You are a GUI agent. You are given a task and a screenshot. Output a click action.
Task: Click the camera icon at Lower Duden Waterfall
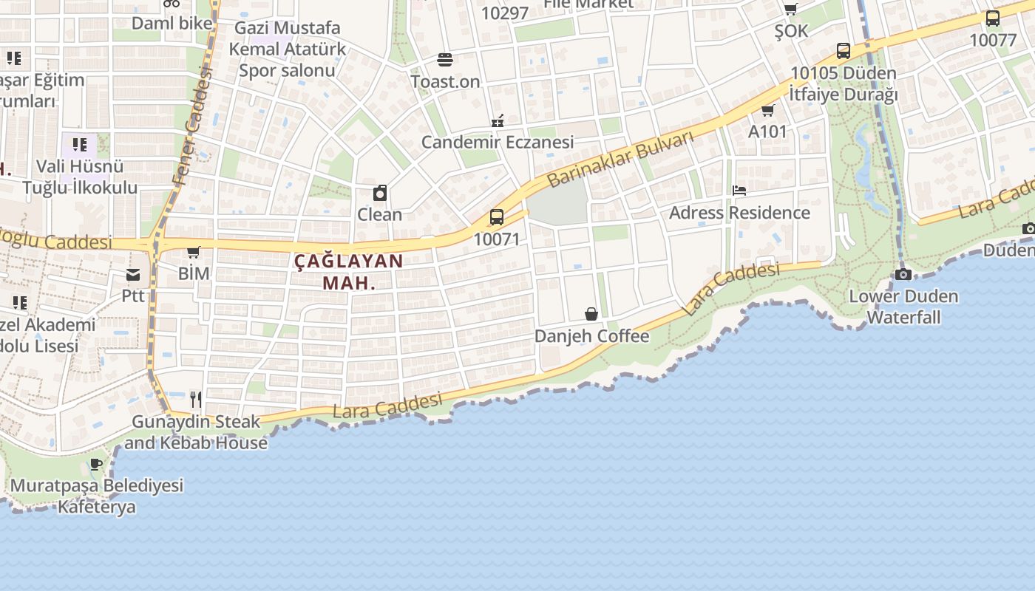tap(903, 274)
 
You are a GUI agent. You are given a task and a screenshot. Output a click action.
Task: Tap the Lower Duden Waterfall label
tap(903, 307)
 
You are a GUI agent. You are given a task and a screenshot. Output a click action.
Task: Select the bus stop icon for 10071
tap(497, 217)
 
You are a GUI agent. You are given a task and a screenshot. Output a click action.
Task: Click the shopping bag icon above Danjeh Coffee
tap(591, 314)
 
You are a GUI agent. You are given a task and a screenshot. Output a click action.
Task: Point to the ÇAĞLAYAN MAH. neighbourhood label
tap(349, 271)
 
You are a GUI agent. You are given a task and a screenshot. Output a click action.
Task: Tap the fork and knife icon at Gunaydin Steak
tap(196, 400)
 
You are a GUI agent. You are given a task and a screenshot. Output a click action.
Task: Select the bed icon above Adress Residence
tap(739, 191)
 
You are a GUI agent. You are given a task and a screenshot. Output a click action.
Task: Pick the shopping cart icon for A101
tap(767, 111)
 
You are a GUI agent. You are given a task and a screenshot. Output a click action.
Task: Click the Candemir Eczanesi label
tap(498, 142)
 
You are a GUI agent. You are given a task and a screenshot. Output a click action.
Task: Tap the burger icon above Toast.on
tap(445, 59)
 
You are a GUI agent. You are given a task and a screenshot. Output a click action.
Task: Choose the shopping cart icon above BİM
tap(194, 253)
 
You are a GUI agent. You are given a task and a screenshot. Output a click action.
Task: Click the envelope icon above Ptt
tap(133, 275)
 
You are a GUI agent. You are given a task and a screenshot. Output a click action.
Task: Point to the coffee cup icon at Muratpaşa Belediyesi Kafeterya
tap(96, 464)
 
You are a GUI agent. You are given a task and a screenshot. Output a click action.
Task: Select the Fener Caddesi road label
tap(191, 126)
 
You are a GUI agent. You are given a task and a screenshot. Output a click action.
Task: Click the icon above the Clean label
tap(380, 194)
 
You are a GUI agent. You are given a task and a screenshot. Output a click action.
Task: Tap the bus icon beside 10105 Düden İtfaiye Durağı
tap(844, 51)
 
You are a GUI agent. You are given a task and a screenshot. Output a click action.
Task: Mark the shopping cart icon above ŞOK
tap(791, 10)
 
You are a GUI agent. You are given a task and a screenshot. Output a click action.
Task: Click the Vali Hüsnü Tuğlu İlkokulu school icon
tap(80, 144)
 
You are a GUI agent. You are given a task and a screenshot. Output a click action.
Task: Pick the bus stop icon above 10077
tap(993, 18)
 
